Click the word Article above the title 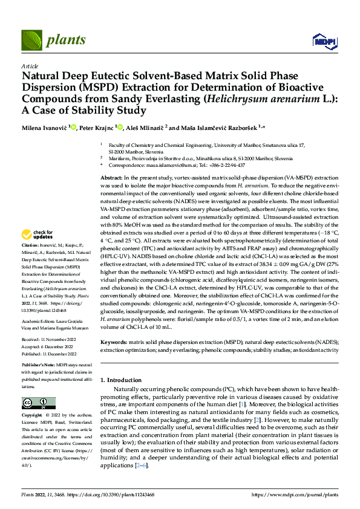(30, 65)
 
